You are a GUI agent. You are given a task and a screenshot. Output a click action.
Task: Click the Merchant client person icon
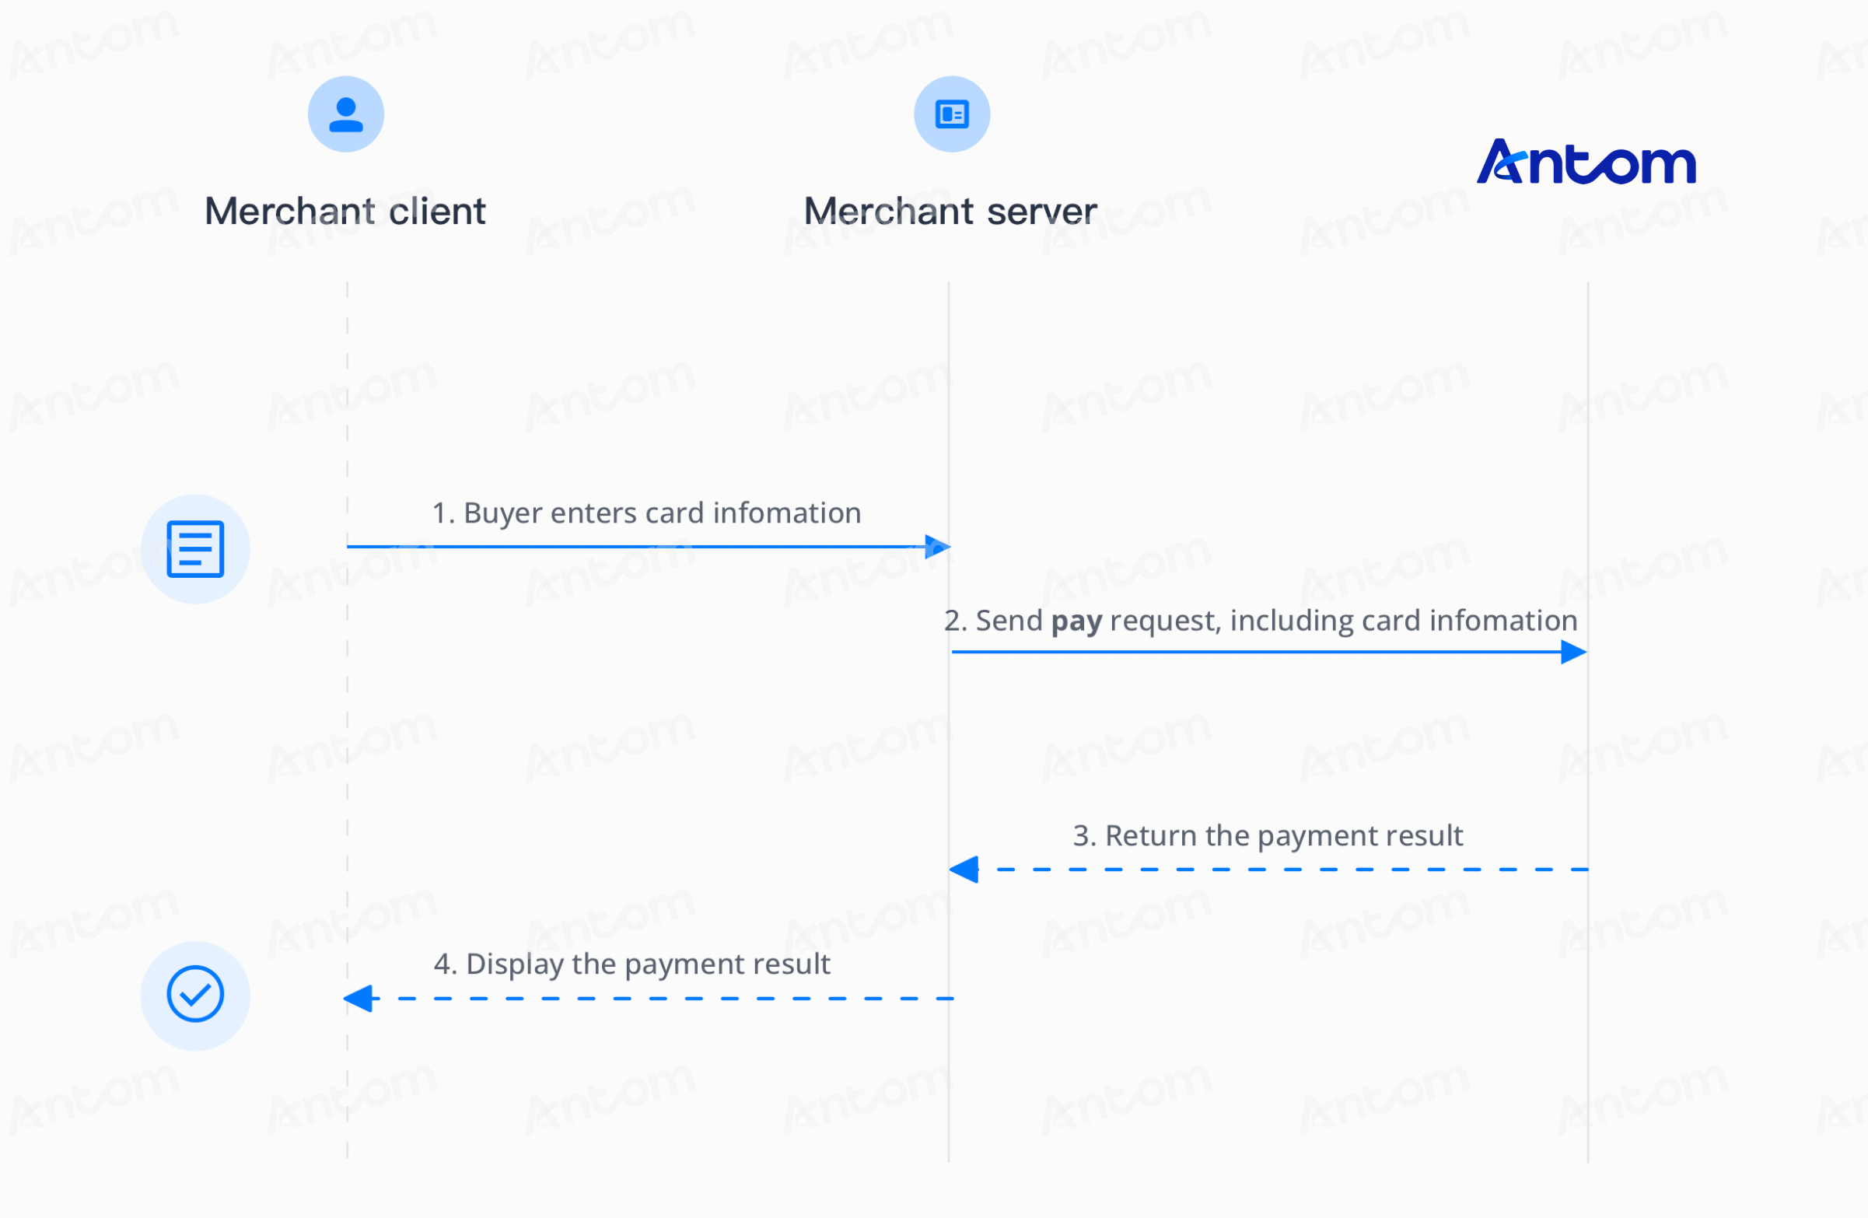(345, 114)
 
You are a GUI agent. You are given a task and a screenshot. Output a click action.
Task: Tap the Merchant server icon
(952, 114)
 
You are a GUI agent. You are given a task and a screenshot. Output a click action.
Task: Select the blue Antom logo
(1586, 162)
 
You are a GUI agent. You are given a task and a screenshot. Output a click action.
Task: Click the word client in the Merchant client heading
(437, 211)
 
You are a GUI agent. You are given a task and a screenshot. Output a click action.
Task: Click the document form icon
(195, 548)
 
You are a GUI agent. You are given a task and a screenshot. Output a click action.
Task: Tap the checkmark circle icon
(195, 995)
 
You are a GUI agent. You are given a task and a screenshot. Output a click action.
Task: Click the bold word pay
(1077, 621)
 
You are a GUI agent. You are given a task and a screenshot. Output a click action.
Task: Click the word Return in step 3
(1151, 836)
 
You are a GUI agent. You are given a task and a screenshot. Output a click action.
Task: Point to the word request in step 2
(1166, 621)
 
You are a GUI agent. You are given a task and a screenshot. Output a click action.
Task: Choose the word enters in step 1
(593, 514)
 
